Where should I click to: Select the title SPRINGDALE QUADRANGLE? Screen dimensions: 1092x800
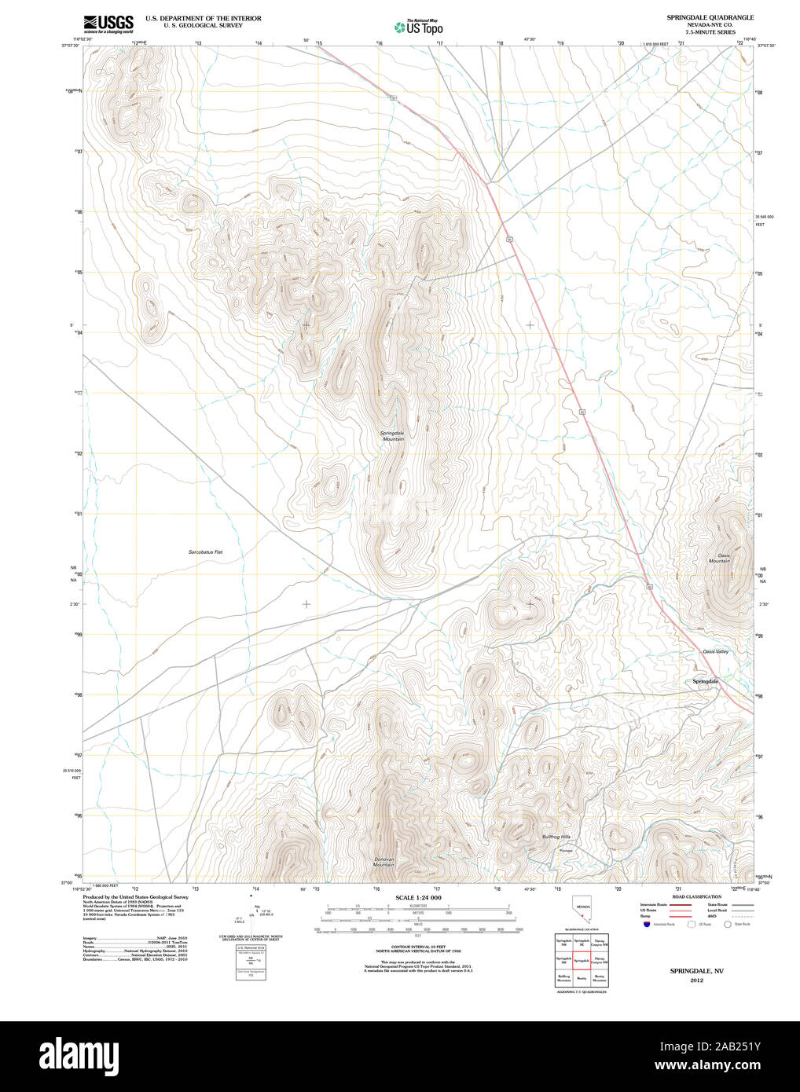tap(710, 17)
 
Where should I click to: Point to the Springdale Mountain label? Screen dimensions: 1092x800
tap(392, 436)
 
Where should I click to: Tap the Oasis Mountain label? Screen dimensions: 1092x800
tap(718, 558)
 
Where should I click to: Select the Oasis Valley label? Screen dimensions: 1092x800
tap(715, 651)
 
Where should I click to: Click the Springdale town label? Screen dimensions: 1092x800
tap(704, 681)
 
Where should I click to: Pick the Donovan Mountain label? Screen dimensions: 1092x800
tap(384, 861)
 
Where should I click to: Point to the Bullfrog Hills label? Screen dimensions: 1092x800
tap(556, 837)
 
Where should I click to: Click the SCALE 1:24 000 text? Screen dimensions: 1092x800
tap(418, 897)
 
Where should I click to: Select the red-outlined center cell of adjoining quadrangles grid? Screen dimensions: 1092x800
tap(582, 960)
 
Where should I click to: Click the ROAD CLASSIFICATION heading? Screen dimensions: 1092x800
tap(696, 896)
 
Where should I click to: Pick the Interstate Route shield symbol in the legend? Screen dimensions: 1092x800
tap(646, 925)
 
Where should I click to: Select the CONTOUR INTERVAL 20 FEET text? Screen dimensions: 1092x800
tap(418, 949)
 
